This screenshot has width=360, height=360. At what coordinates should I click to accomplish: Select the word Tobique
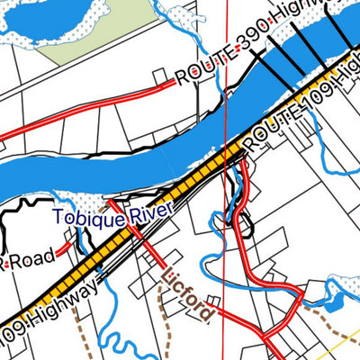81,217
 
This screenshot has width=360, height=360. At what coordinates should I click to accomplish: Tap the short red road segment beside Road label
66,246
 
